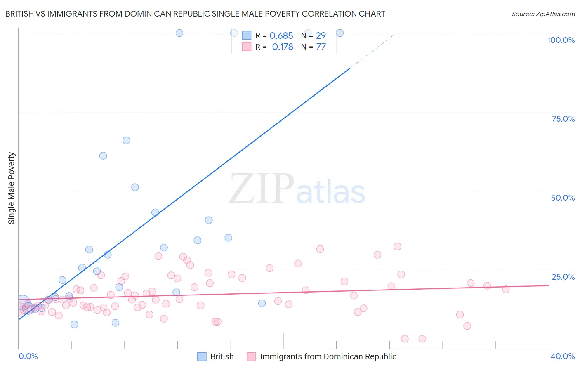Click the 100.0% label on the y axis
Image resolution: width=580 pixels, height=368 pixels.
coord(561,40)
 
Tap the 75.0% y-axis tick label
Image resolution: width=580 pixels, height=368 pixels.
coord(563,119)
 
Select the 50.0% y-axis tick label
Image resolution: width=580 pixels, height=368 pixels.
coord(563,198)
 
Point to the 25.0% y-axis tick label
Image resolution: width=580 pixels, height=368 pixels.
coord(563,277)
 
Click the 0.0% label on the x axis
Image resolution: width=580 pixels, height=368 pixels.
coord(28,356)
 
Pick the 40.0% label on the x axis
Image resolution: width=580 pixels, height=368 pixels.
coord(563,356)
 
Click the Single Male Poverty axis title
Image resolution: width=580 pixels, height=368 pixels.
coord(12,188)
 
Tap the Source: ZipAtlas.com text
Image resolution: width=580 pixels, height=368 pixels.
coord(543,14)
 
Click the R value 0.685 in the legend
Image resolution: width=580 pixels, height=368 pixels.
coord(281,36)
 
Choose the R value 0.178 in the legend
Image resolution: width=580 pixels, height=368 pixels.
coord(283,47)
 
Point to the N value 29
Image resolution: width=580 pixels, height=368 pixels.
coord(321,36)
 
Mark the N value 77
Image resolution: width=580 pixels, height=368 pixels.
coord(321,47)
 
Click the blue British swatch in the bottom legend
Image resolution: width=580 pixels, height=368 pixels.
coord(202,356)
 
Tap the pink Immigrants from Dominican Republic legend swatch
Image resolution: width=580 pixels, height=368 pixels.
coord(251,356)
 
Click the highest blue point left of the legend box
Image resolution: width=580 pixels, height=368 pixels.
coord(179,33)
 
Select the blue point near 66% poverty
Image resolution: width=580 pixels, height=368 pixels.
coord(126,140)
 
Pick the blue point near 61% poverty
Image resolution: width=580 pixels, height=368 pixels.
coord(103,156)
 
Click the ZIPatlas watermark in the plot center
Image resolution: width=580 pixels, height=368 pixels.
coord(297,189)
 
